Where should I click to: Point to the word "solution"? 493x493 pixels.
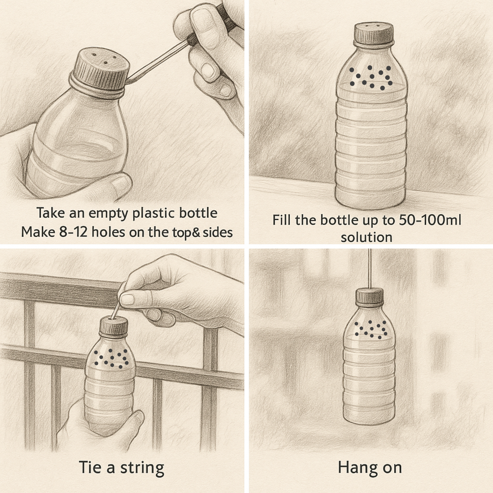(366, 237)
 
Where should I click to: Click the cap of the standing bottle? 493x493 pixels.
(374, 34)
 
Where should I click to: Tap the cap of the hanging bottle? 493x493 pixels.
(370, 296)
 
